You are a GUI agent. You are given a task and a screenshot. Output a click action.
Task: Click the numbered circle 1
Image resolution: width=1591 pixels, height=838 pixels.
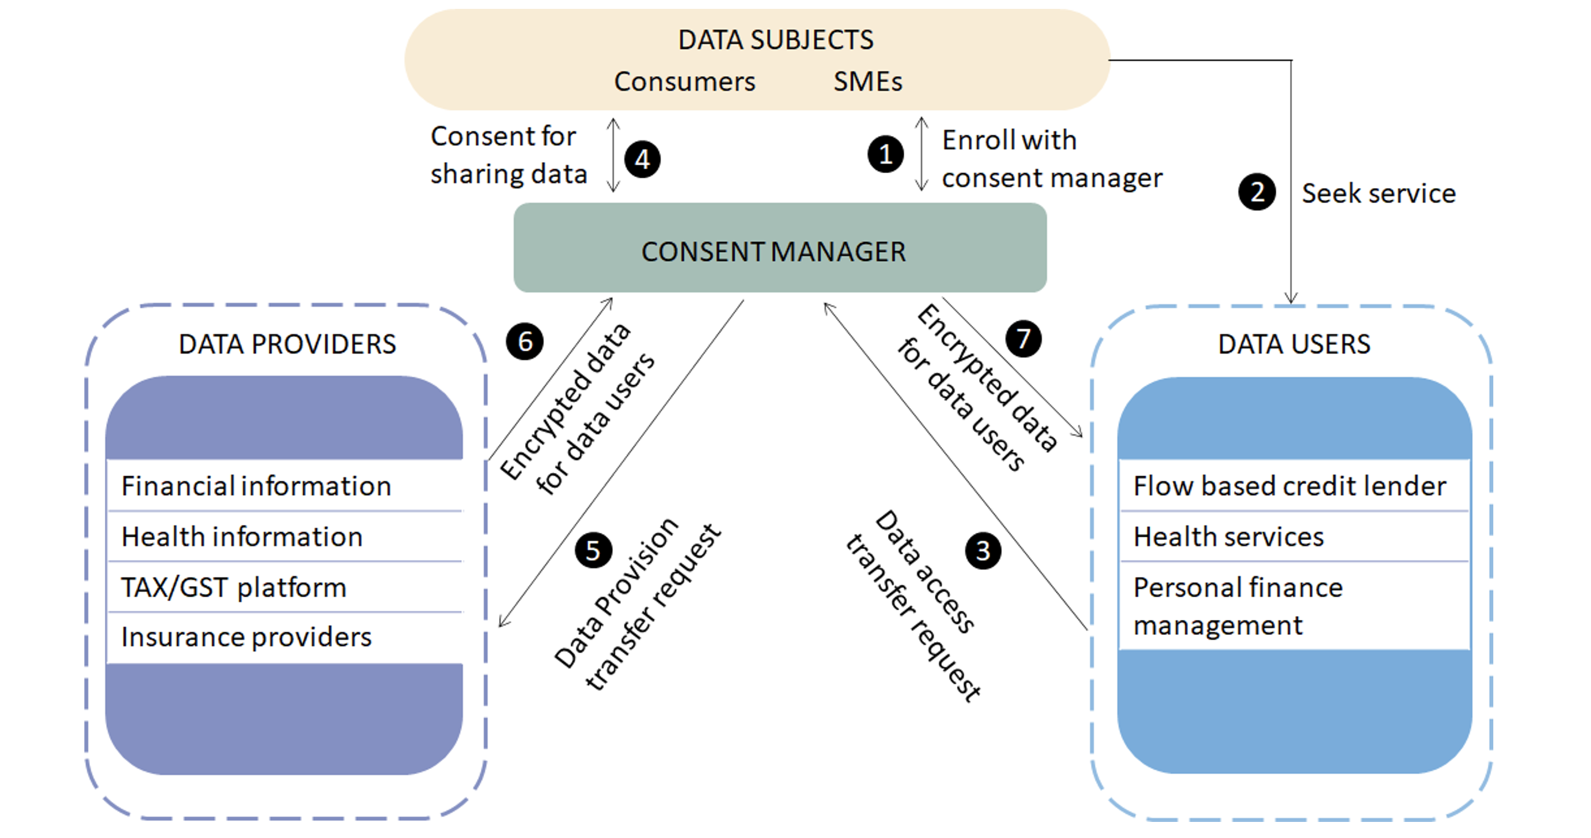[885, 154]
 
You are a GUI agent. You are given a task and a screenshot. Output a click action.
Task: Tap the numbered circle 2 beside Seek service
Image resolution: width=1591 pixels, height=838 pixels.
[1257, 192]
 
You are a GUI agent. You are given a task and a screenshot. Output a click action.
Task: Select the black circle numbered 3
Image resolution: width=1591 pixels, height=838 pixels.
[983, 551]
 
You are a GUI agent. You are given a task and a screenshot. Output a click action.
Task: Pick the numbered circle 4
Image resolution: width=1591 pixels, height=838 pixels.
[642, 160]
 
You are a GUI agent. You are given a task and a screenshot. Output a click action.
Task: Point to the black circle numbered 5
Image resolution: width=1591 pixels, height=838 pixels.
[593, 550]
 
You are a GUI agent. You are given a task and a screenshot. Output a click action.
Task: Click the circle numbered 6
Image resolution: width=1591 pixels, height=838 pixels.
[525, 341]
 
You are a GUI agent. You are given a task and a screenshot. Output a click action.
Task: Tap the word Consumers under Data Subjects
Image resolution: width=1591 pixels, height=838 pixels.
[684, 82]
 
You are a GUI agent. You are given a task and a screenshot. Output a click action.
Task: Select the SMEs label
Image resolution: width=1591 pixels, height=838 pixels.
[868, 82]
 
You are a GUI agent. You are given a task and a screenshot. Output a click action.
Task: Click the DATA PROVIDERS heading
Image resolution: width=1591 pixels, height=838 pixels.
[287, 345]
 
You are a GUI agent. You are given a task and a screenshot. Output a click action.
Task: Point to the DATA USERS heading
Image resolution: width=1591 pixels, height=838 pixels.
[1294, 345]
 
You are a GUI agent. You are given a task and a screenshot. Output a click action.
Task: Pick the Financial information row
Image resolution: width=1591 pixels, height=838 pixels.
[256, 486]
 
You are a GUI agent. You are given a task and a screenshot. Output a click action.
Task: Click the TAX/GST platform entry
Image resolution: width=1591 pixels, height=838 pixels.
[234, 587]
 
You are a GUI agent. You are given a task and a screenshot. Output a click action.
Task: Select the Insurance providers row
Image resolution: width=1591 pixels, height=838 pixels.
[246, 637]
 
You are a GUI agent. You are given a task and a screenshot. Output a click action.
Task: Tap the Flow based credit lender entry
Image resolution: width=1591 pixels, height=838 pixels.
[1290, 486]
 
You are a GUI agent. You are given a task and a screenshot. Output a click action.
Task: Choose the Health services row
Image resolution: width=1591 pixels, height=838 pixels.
[1229, 537]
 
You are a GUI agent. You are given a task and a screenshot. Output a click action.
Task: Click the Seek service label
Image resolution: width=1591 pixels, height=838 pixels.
[1378, 193]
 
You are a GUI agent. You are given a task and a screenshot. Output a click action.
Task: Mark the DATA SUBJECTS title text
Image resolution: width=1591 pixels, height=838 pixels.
[776, 40]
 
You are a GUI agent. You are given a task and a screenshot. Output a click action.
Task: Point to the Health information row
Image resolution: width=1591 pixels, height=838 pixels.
[242, 537]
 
